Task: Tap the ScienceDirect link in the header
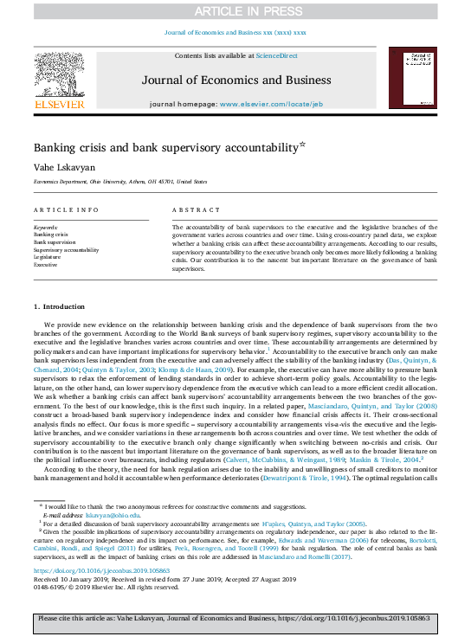277,55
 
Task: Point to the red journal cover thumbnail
411,78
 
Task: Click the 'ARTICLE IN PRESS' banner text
235,11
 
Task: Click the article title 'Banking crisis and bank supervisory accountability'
165,147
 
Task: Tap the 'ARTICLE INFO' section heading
66,210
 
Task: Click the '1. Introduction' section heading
59,306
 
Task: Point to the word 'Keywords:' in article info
46,227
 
